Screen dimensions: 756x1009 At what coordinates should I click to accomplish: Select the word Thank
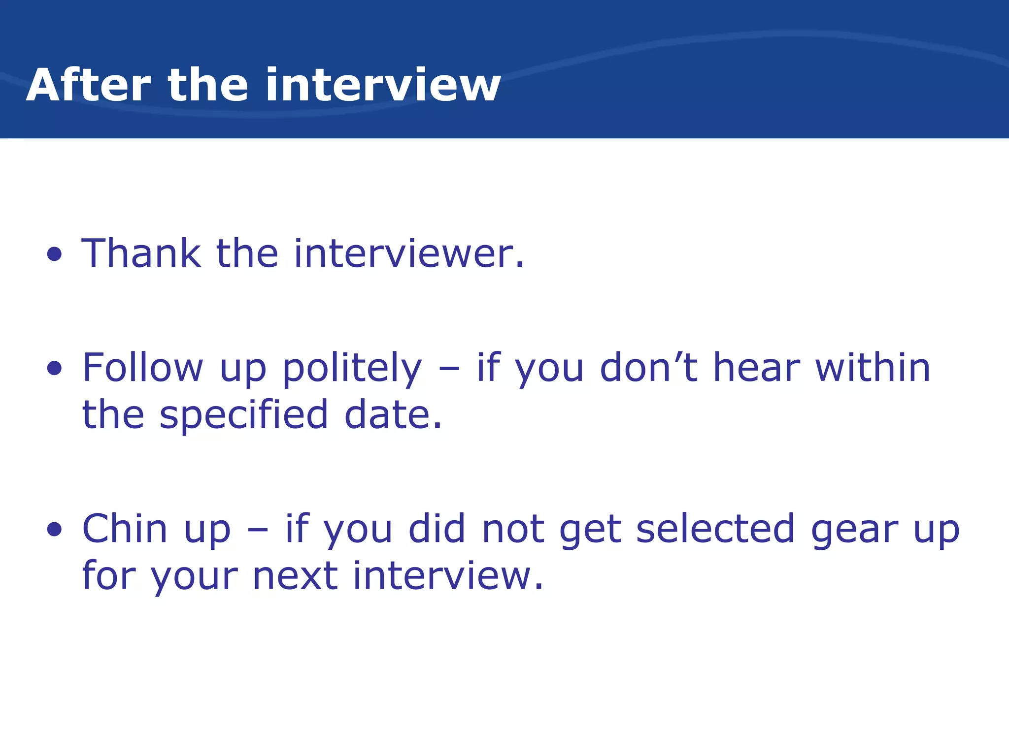tap(141, 253)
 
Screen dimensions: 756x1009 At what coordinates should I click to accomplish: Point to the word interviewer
tap(409, 253)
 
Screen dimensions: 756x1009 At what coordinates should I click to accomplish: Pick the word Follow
tap(142, 368)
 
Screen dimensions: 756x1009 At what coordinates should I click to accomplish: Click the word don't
tap(648, 368)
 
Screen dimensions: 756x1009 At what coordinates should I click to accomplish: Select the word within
tap(873, 368)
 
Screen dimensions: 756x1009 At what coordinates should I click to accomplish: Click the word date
tap(393, 415)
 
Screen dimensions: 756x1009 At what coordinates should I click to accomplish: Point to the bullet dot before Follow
tap(55, 368)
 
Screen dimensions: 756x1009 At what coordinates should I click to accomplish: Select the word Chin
tap(125, 529)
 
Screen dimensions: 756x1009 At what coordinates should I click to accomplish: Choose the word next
tap(295, 576)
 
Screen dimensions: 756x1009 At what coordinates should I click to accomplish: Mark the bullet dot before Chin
tap(55, 530)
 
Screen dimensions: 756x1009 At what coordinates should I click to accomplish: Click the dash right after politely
tap(449, 369)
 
